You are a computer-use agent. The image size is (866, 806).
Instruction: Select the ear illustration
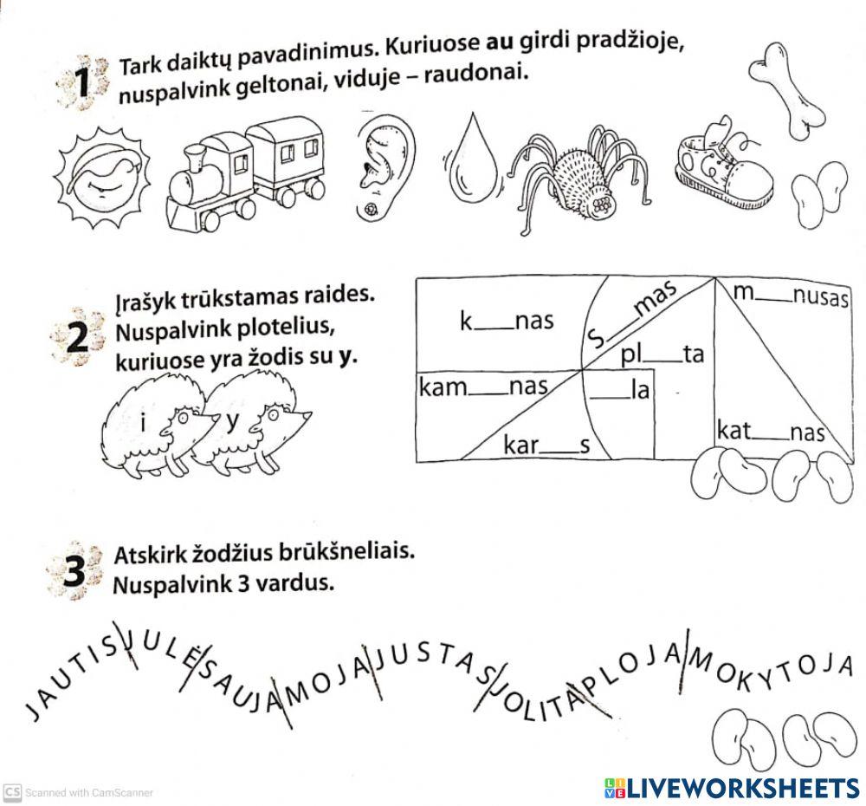(385, 166)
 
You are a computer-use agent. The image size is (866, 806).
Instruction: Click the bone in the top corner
(788, 88)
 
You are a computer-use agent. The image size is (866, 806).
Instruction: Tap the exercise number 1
(83, 85)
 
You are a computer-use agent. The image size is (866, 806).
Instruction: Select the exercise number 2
(78, 339)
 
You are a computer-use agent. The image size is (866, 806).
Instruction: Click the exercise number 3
(77, 573)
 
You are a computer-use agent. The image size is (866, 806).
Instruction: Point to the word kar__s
(546, 446)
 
